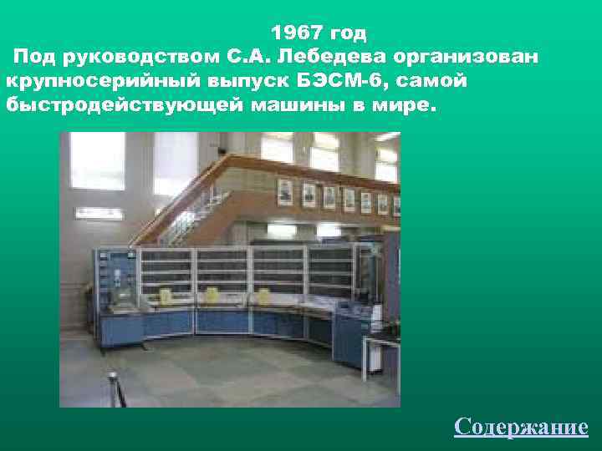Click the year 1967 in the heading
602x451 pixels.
[297, 33]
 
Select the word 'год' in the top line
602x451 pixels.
[348, 33]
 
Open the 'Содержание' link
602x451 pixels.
[521, 427]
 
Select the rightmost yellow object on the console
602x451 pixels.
[263, 296]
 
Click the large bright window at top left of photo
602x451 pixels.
[97, 160]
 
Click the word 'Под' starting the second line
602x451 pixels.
[33, 58]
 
